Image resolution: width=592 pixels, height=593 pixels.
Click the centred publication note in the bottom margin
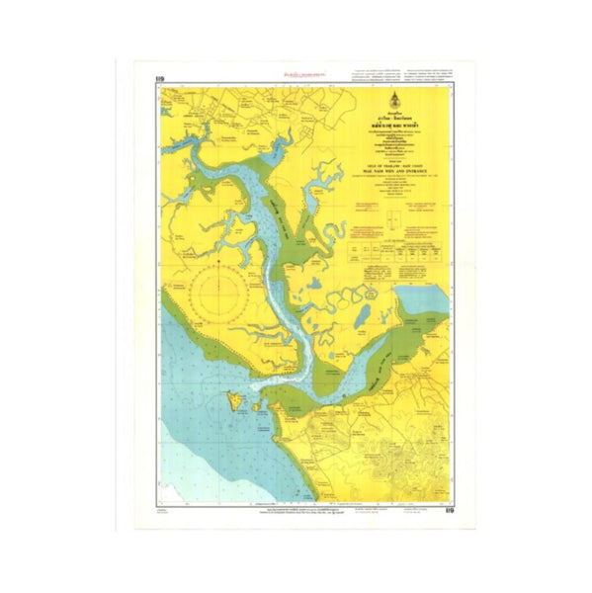296,507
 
